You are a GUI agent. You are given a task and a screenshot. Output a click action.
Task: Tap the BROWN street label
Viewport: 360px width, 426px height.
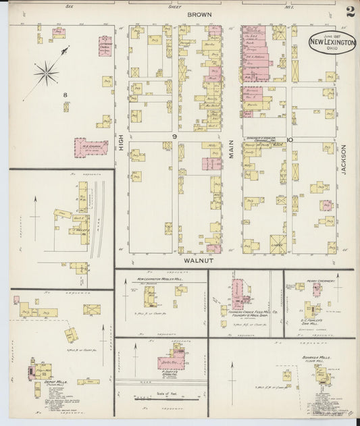click(200, 14)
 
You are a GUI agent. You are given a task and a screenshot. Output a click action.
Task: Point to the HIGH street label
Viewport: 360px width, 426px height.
click(122, 141)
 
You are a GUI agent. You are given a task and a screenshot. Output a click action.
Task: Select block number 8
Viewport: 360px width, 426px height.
click(66, 95)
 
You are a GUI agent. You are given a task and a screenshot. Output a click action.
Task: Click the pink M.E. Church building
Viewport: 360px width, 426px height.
click(90, 147)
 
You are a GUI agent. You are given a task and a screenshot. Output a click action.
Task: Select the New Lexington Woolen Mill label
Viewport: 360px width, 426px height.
click(162, 279)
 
